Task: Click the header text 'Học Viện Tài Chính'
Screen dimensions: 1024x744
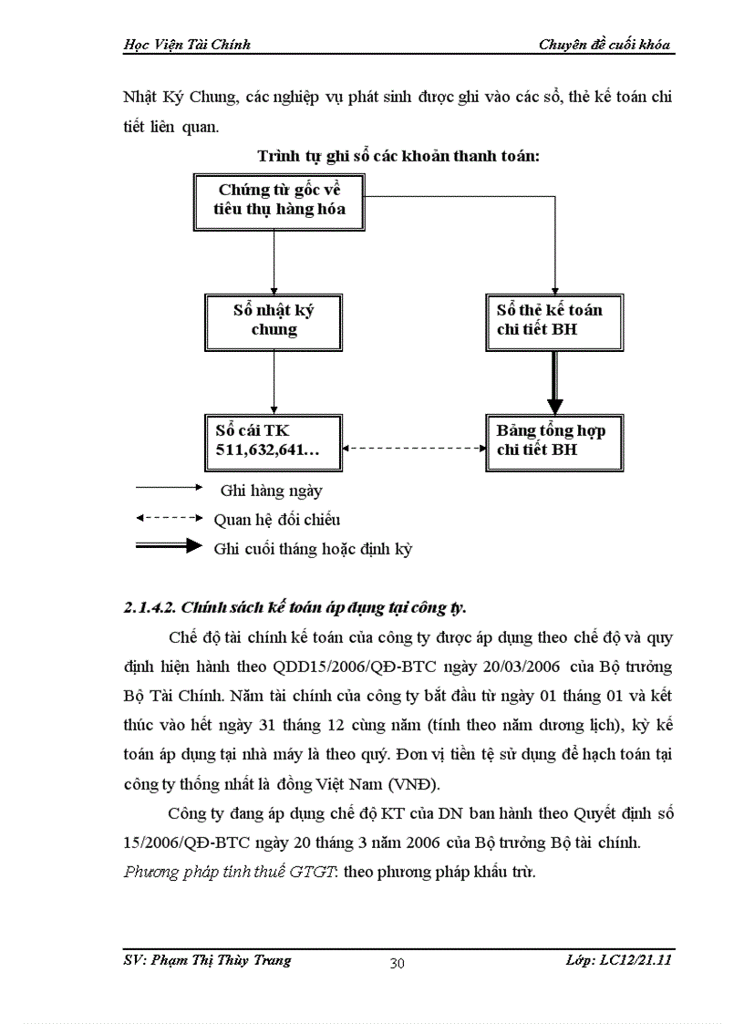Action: pyautogui.click(x=186, y=44)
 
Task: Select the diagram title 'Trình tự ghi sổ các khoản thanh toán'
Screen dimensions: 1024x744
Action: pyautogui.click(x=398, y=156)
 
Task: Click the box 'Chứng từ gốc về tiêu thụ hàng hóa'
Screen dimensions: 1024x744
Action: pyautogui.click(x=273, y=202)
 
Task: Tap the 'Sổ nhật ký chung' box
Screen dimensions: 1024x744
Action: pyautogui.click(x=274, y=321)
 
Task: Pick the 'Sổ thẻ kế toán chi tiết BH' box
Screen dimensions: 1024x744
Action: pyautogui.click(x=555, y=321)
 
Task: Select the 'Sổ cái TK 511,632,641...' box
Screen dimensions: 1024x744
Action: pyautogui.click(x=274, y=440)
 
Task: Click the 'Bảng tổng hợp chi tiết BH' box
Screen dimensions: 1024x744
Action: pyautogui.click(x=555, y=440)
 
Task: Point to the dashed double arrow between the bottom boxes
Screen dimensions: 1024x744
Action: pyautogui.click(x=415, y=449)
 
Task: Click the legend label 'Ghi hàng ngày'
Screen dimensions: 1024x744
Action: pyautogui.click(x=271, y=491)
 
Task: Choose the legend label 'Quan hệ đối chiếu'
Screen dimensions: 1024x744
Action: pyautogui.click(x=276, y=520)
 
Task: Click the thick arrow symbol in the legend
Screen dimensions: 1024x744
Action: pyautogui.click(x=168, y=547)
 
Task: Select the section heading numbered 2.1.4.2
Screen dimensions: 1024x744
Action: pyautogui.click(x=300, y=606)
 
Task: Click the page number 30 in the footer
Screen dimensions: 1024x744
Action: pyautogui.click(x=397, y=964)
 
